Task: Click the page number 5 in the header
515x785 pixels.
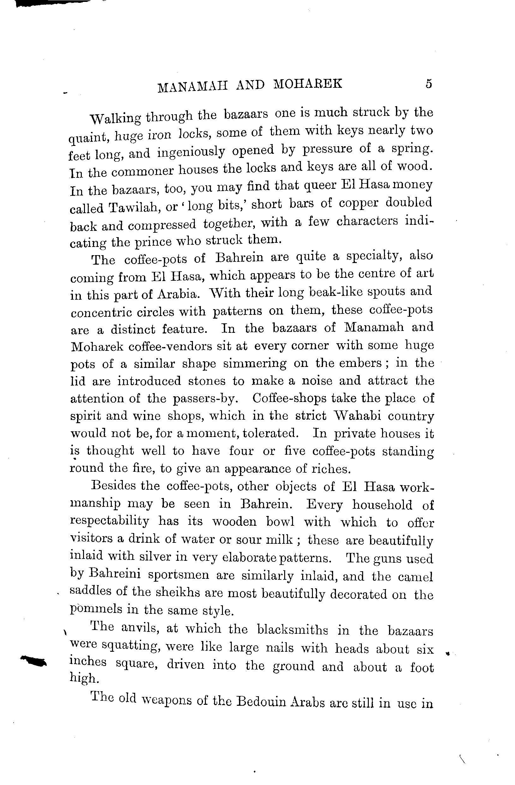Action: pyautogui.click(x=428, y=84)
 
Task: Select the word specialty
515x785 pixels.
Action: pyautogui.click(x=374, y=256)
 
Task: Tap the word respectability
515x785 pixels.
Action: pyautogui.click(x=110, y=521)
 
